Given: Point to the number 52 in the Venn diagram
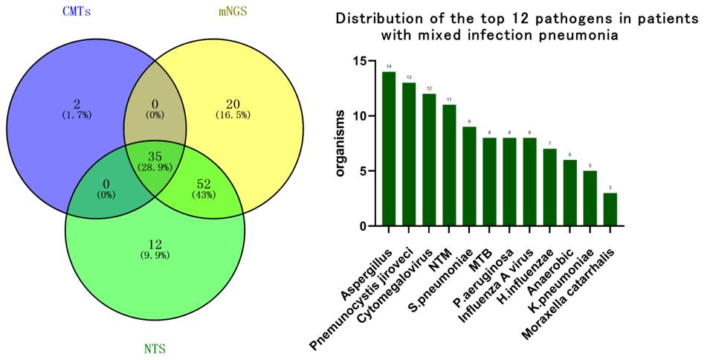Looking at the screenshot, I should tap(204, 184).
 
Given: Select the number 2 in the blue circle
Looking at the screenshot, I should tap(77, 103).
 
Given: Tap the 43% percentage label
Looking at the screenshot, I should tap(204, 195).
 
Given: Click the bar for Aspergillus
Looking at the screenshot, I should tap(389, 149).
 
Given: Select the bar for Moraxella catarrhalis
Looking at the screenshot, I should tap(610, 210).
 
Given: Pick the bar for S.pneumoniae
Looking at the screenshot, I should tap(469, 176).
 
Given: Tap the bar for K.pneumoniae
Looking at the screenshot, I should tap(590, 199).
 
